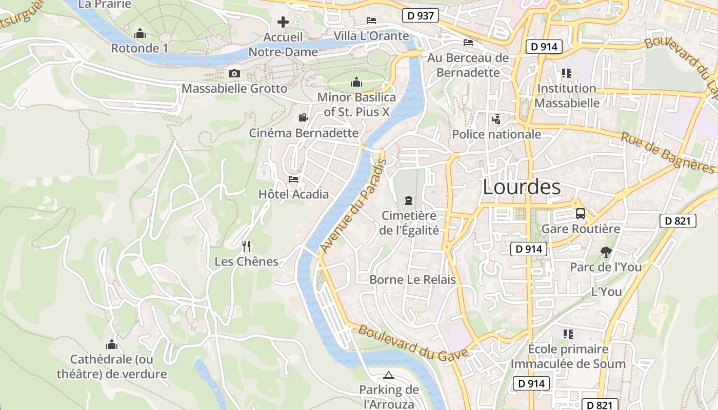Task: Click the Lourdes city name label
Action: click(522, 188)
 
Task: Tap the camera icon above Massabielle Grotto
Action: click(234, 74)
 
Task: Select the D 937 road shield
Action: click(420, 16)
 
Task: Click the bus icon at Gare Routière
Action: click(581, 214)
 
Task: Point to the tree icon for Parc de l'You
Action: click(606, 252)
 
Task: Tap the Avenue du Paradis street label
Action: click(353, 206)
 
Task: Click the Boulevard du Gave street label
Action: click(413, 342)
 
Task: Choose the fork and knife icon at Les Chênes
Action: click(246, 247)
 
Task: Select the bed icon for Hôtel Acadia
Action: click(293, 179)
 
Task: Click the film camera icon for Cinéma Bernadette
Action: click(303, 118)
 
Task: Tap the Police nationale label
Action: click(496, 134)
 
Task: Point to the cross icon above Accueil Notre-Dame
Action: click(283, 22)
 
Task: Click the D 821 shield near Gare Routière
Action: click(677, 221)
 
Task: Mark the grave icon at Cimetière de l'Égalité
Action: click(409, 200)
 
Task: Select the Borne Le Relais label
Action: click(412, 280)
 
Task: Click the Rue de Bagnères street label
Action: click(667, 153)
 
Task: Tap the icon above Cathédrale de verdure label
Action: click(112, 344)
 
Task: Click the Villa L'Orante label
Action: click(371, 36)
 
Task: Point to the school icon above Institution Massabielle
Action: click(567, 73)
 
